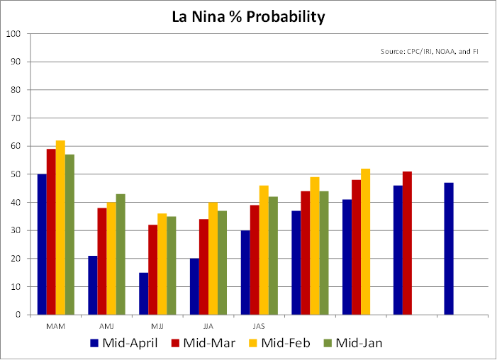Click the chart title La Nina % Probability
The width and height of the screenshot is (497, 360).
click(248, 16)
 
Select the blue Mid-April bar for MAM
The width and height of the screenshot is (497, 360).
click(42, 244)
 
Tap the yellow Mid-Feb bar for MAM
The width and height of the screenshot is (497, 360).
click(60, 227)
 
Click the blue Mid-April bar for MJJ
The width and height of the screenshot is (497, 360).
click(144, 293)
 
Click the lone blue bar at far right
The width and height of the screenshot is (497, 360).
click(449, 249)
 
